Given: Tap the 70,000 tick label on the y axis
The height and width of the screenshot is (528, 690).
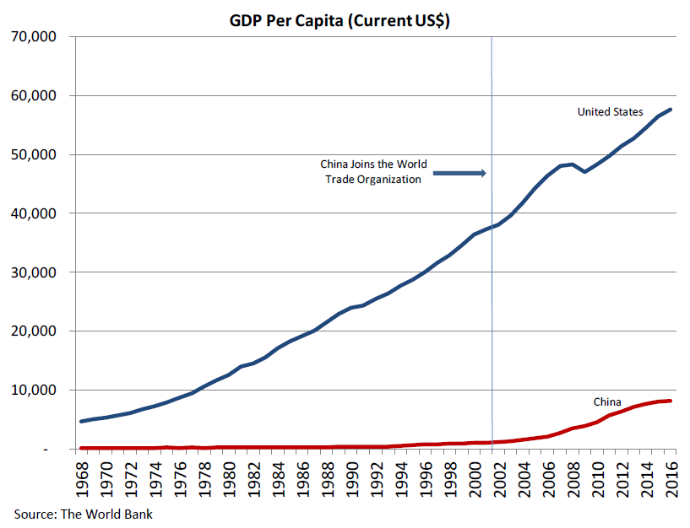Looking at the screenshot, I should (33, 37).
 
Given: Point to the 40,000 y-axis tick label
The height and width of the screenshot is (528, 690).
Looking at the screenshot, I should (33, 214).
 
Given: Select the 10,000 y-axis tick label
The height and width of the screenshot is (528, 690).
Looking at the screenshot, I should (33, 391).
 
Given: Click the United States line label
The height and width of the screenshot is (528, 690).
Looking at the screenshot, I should (610, 112).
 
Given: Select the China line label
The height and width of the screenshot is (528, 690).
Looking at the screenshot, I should (607, 401).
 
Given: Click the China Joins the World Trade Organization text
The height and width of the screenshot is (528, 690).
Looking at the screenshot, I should (372, 171).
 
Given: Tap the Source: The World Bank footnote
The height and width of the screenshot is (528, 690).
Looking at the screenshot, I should (84, 513).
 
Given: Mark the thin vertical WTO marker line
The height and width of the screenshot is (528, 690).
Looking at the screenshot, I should (492, 253).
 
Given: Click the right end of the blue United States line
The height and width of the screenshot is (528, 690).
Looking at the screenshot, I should (671, 110).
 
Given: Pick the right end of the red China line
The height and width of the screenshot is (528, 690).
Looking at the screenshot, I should (671, 401).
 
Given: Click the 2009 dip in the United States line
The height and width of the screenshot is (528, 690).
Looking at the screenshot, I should (584, 171).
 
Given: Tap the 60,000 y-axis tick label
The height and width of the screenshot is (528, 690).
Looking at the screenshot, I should (33, 96).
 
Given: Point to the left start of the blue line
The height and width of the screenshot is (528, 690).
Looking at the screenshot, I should (81, 421).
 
